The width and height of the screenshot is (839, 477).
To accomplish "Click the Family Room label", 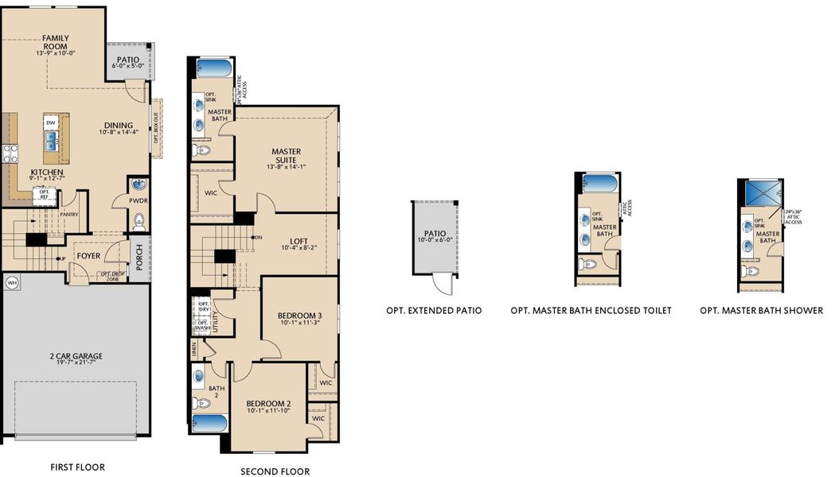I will pyautogui.click(x=56, y=38).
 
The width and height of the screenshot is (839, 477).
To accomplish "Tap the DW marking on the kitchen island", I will pyautogui.click(x=50, y=123).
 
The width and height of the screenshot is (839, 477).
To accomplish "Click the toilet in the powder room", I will pyautogui.click(x=139, y=219).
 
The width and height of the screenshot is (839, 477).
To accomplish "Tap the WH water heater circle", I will pyautogui.click(x=12, y=282).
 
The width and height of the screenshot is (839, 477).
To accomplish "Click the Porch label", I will pyautogui.click(x=139, y=256).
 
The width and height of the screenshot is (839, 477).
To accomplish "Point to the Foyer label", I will pyautogui.click(x=88, y=256).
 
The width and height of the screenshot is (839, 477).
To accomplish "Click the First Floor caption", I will pyautogui.click(x=77, y=467).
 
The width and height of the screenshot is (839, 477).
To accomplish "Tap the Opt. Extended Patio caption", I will pyautogui.click(x=434, y=310).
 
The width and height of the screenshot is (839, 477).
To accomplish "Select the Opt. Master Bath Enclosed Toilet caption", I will pyautogui.click(x=591, y=310).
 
